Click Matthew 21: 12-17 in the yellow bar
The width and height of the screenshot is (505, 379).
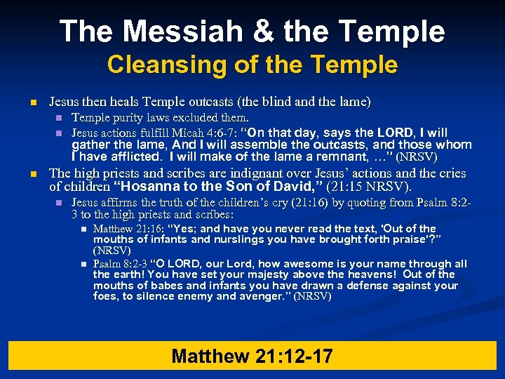click(252, 356)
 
